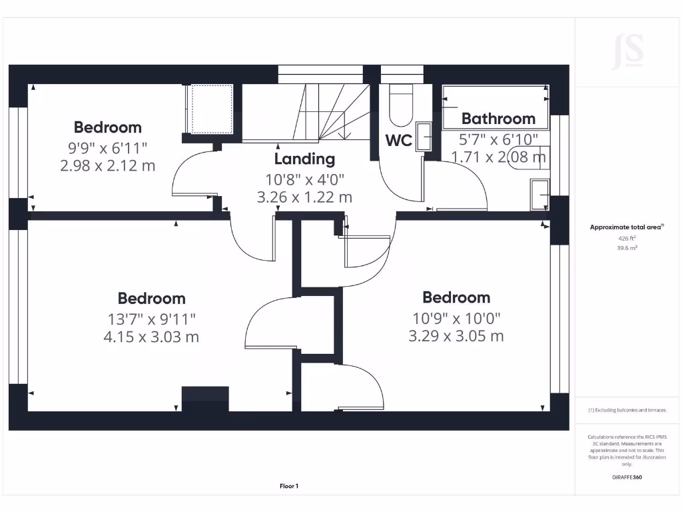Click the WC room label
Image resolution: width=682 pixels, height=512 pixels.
click(x=398, y=141)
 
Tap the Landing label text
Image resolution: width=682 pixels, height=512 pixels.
click(x=304, y=159)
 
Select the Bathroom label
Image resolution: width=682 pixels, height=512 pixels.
click(x=498, y=119)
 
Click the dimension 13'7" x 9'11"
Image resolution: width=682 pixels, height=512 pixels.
click(x=151, y=319)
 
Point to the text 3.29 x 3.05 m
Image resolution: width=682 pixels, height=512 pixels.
click(x=456, y=336)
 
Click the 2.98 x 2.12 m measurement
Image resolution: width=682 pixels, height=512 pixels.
click(x=107, y=165)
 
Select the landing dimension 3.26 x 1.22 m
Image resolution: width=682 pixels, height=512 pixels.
click(x=304, y=197)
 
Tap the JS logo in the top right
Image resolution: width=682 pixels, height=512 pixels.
click(x=627, y=52)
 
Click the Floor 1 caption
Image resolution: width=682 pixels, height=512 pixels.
click(x=289, y=487)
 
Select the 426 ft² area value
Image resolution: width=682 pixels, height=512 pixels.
click(x=627, y=238)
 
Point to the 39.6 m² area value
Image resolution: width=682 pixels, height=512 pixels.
click(x=627, y=247)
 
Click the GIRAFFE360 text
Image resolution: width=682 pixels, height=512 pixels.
click(x=627, y=477)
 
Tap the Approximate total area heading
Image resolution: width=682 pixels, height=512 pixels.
click(x=625, y=227)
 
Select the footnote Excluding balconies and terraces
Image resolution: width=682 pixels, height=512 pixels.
click(x=627, y=410)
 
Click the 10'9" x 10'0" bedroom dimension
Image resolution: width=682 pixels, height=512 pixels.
click(x=456, y=319)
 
